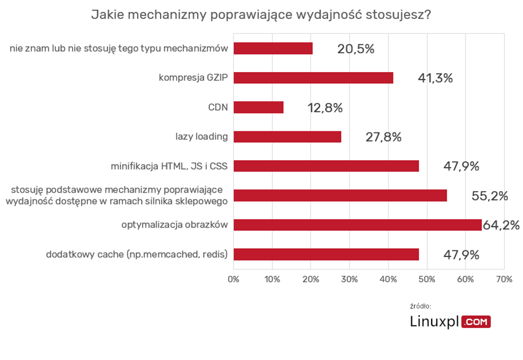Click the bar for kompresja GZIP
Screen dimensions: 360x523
tap(313, 78)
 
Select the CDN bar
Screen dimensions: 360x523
tap(258, 107)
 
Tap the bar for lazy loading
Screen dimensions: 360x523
tap(287, 137)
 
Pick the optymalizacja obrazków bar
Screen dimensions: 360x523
tap(358, 225)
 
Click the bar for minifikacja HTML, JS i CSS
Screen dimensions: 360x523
tap(326, 166)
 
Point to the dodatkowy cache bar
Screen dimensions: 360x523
tap(326, 254)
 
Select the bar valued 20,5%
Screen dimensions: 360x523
tap(273, 49)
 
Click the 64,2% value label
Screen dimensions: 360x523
tap(501, 225)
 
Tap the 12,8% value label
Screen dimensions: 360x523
tap(325, 108)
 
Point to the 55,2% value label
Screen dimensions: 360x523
tap(490, 196)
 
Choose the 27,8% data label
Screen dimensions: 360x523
tap(383, 137)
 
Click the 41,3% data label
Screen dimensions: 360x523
tap(435, 78)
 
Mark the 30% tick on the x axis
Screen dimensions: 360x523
tap(349, 279)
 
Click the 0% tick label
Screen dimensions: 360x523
tap(234, 279)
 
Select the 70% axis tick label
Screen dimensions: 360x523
tap(504, 279)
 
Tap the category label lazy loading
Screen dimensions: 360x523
tap(201, 136)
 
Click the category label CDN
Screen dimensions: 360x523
tap(219, 107)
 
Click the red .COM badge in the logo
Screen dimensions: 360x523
tap(476, 322)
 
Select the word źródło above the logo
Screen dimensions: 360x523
tap(421, 306)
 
